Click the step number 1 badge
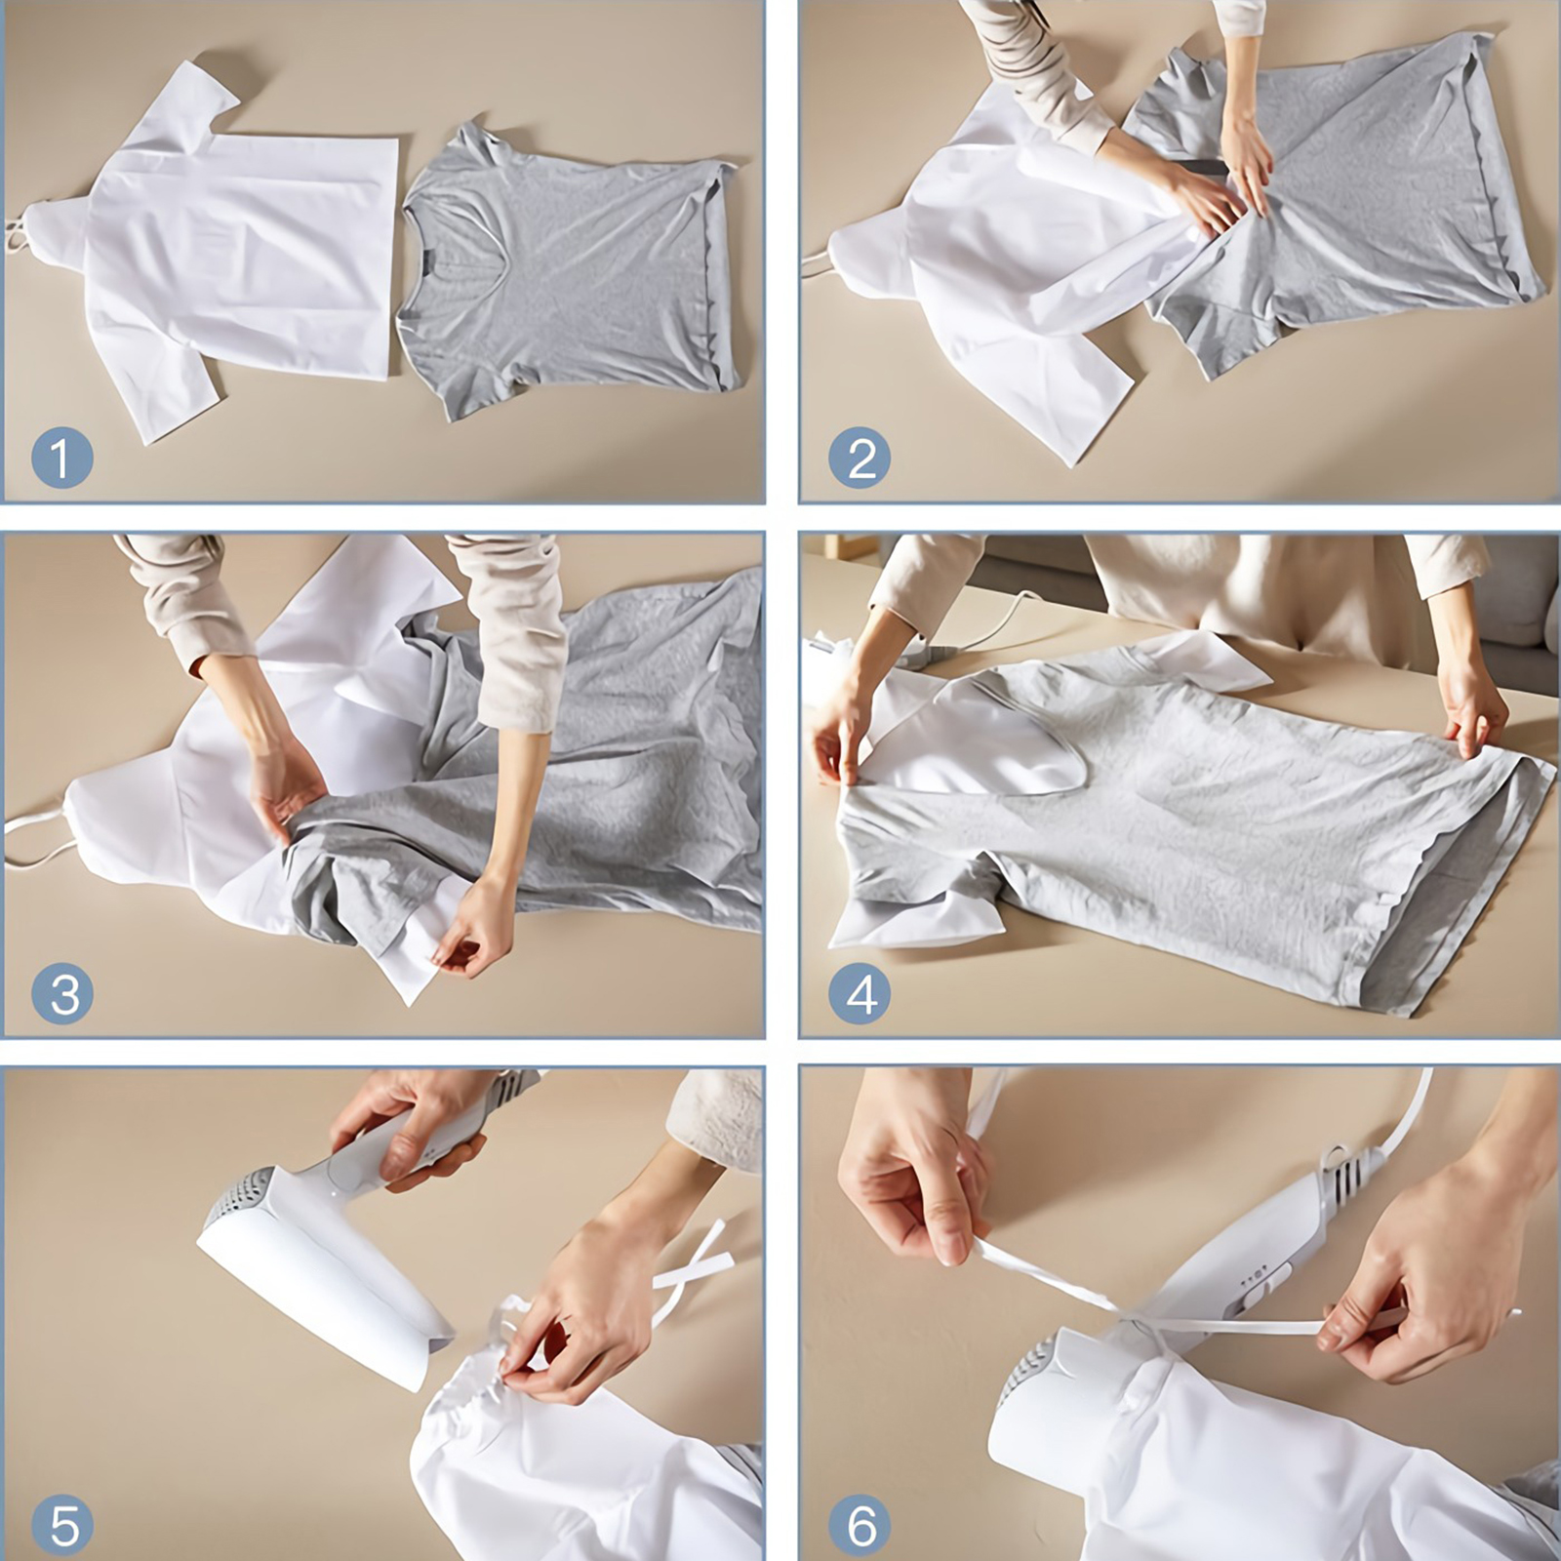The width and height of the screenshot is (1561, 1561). click(61, 458)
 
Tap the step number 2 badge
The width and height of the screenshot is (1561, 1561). click(860, 458)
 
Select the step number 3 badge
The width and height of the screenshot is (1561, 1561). click(62, 993)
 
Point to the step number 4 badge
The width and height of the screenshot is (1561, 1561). click(860, 993)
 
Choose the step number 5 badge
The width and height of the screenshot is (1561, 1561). click(62, 1525)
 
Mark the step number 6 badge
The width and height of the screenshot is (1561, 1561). click(860, 1525)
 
